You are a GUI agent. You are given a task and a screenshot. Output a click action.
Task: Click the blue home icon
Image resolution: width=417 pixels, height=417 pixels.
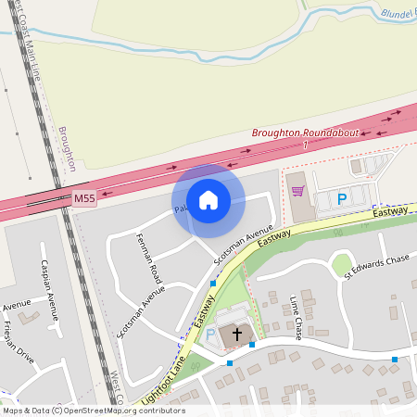208,200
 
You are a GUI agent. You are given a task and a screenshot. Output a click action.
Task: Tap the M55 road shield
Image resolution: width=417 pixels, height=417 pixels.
83,198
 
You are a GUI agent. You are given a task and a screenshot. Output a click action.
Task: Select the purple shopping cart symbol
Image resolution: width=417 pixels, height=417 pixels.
297,191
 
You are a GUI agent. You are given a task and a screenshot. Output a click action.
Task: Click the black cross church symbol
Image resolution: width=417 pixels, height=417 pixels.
236,333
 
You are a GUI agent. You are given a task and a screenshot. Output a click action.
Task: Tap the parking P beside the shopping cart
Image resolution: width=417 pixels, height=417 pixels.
341,198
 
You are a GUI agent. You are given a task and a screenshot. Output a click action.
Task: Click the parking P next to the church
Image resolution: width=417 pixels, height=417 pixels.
209,334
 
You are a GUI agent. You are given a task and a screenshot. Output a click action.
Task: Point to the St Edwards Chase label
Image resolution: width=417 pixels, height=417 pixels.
376,266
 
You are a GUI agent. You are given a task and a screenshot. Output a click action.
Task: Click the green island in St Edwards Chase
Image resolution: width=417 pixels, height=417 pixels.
342,264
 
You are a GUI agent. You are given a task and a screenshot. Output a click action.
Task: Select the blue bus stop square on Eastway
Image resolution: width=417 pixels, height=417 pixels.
213,284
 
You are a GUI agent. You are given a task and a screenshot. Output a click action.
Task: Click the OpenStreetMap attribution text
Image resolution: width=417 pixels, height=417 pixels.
94,410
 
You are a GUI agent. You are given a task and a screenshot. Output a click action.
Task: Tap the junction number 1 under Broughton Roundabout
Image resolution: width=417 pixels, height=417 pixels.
305,145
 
